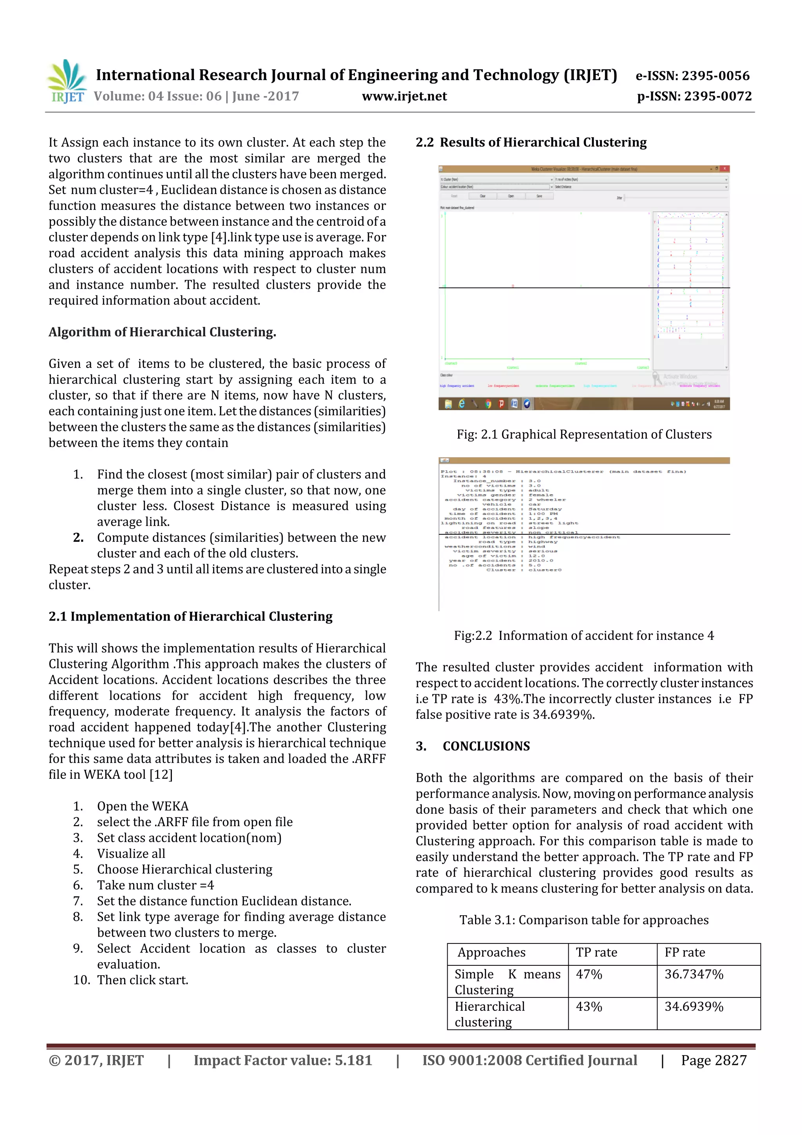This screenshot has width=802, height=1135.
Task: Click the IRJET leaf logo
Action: click(x=67, y=81)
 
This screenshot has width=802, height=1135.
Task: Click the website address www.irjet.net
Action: click(x=404, y=96)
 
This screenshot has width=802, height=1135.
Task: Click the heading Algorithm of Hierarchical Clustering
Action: click(x=162, y=332)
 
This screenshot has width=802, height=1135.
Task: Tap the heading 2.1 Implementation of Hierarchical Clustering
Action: click(x=190, y=616)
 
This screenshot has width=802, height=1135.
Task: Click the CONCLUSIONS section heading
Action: click(x=486, y=746)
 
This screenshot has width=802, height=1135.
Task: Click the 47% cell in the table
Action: click(x=589, y=974)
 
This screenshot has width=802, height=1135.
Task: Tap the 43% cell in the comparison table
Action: click(x=589, y=1006)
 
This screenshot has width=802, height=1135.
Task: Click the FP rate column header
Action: click(x=685, y=952)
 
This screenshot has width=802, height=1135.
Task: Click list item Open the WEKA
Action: click(x=143, y=806)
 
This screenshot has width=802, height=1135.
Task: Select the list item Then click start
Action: click(x=143, y=980)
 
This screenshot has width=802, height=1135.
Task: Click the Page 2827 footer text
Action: click(x=713, y=1060)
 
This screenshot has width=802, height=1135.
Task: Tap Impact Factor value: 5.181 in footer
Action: click(x=282, y=1060)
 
